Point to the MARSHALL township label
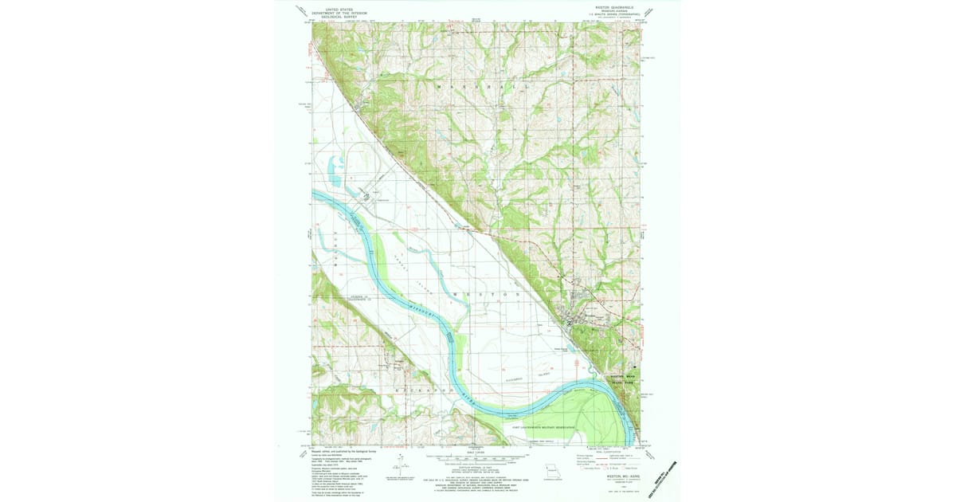pyautogui.click(x=479, y=84)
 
